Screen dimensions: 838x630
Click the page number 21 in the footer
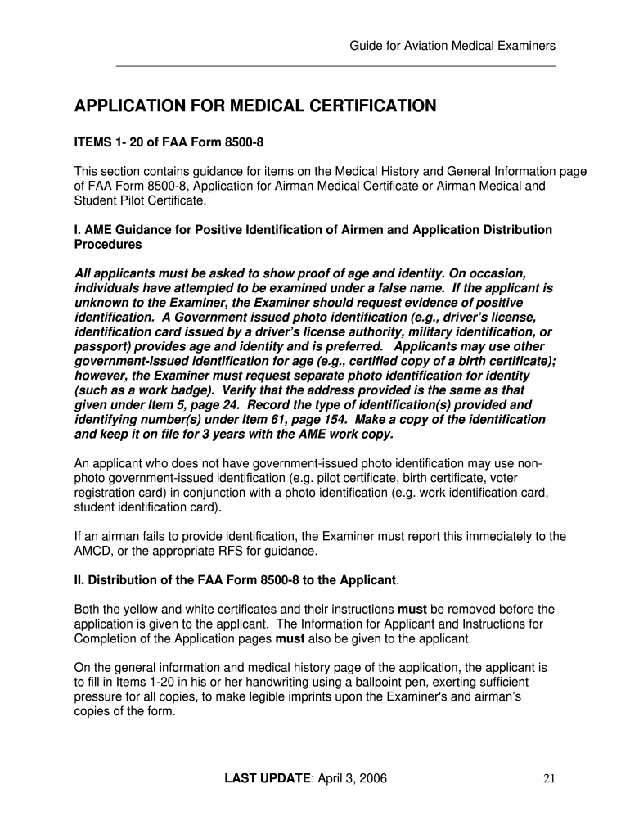point(549,778)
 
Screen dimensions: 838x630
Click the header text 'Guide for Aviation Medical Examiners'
point(452,46)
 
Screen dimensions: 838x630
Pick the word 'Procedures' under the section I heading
point(108,244)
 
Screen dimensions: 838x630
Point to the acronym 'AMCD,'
point(95,551)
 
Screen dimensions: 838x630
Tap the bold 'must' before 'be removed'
point(412,610)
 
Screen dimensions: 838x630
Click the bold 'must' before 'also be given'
point(290,639)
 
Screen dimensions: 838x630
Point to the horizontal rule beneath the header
point(336,66)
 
